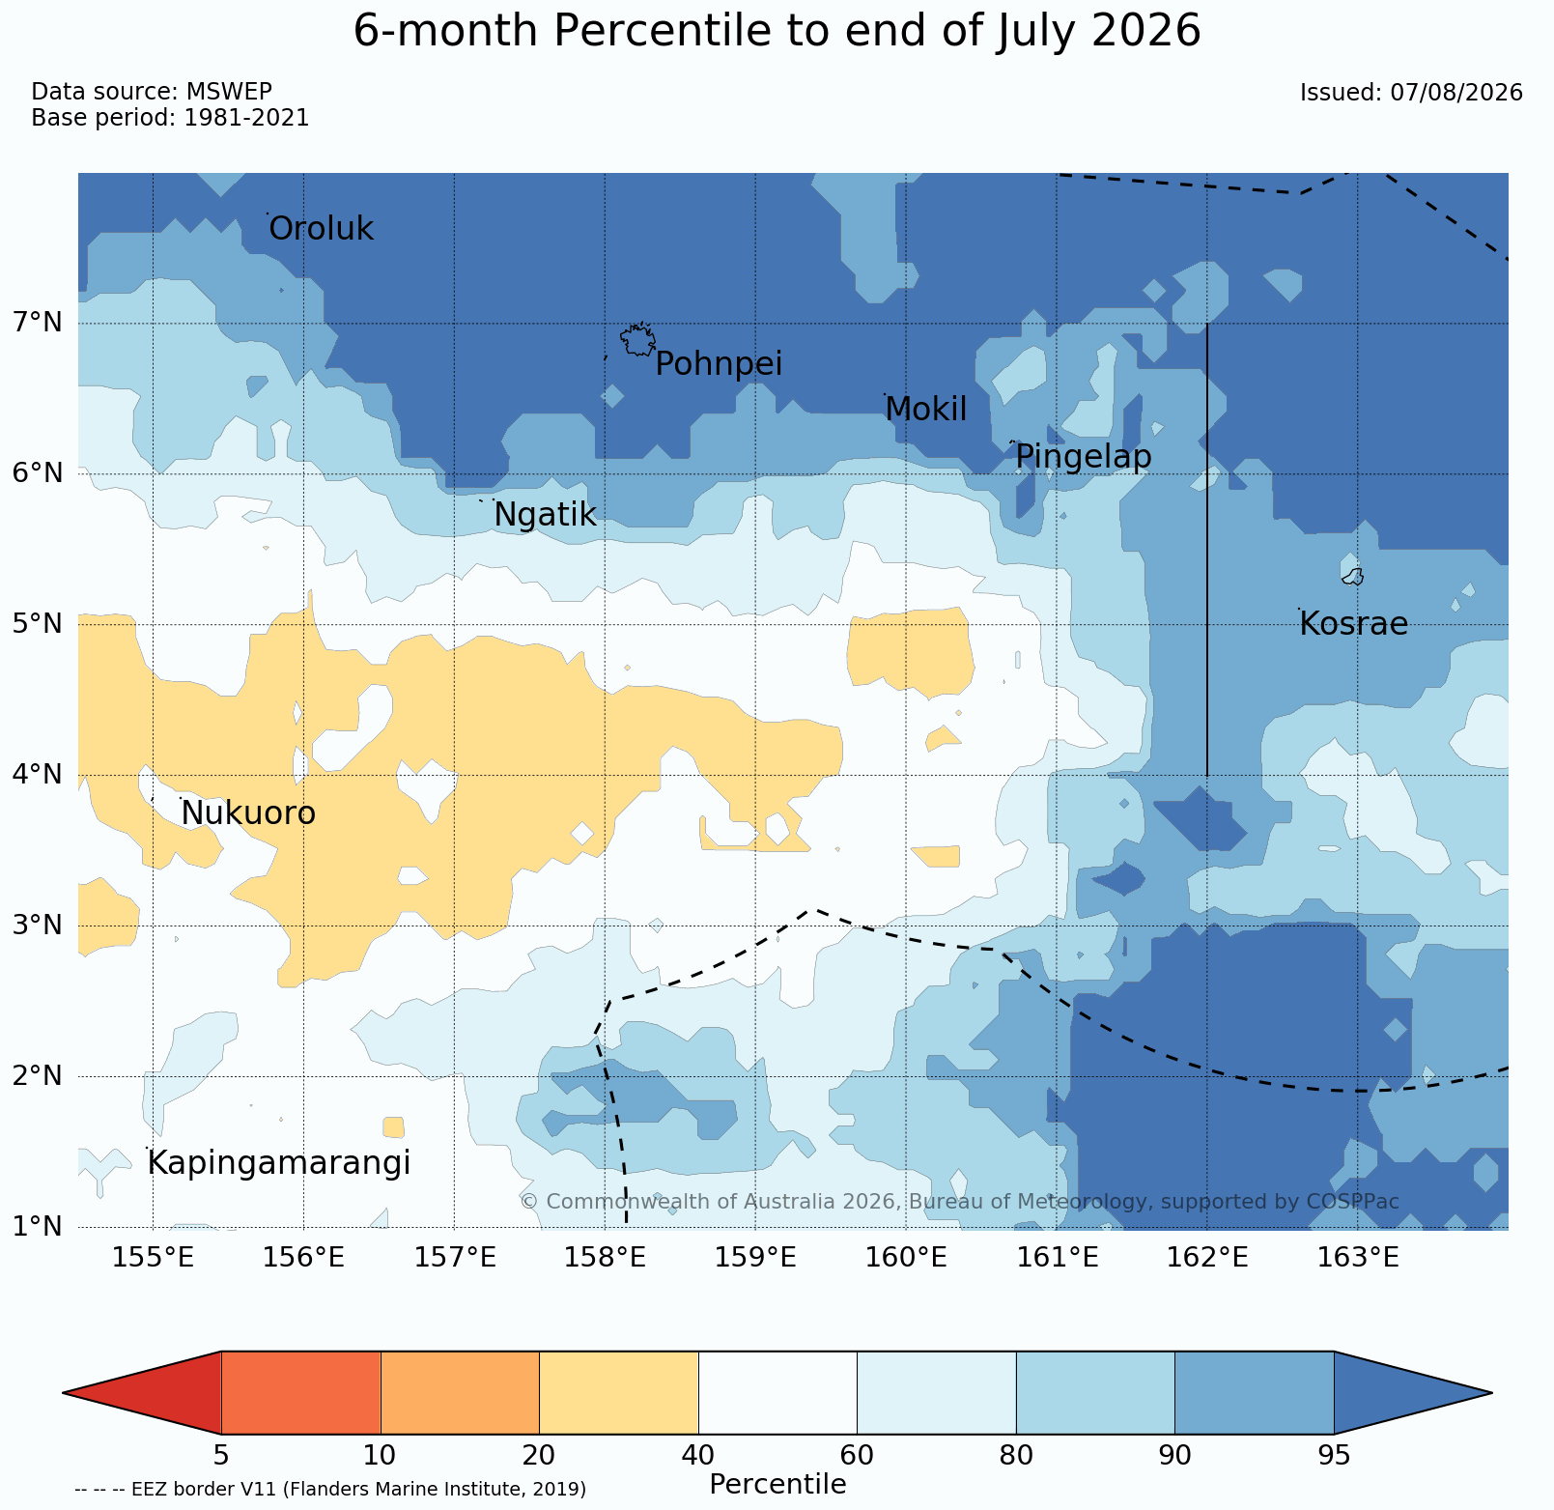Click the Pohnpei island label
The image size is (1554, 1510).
click(719, 364)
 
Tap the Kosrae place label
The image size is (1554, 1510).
click(1353, 624)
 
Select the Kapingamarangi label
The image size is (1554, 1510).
click(279, 1163)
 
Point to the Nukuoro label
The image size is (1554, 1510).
click(248, 813)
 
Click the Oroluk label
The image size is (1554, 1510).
click(321, 229)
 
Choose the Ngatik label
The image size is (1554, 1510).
click(545, 515)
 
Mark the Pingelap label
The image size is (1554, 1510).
click(1084, 457)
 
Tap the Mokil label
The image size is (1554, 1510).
click(925, 410)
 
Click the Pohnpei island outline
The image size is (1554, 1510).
click(637, 340)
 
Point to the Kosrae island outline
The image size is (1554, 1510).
click(1353, 577)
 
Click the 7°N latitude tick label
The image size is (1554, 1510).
click(37, 322)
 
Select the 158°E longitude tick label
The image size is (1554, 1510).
click(605, 1258)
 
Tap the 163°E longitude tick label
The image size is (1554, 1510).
click(1358, 1258)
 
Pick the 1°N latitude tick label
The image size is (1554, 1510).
click(37, 1227)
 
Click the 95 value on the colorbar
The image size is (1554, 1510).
click(1334, 1455)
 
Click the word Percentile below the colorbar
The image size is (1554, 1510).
click(777, 1484)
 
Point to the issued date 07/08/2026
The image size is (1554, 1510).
click(1456, 93)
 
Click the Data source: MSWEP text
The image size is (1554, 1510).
click(152, 92)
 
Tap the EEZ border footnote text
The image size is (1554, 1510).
click(330, 1489)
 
